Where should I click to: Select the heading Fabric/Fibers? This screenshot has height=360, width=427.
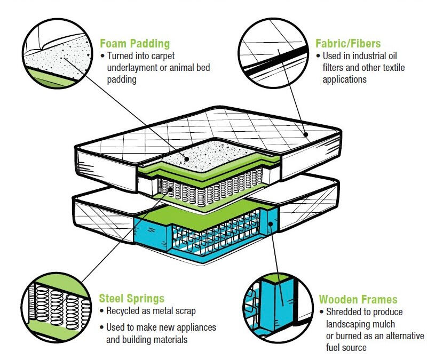tap(349, 43)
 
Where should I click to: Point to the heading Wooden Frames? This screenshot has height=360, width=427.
tap(358, 299)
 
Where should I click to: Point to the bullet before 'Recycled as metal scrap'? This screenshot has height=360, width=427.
tap(102, 311)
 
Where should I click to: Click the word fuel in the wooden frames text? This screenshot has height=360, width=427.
tap(331, 348)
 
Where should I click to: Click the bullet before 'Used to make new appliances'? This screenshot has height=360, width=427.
tap(102, 327)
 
